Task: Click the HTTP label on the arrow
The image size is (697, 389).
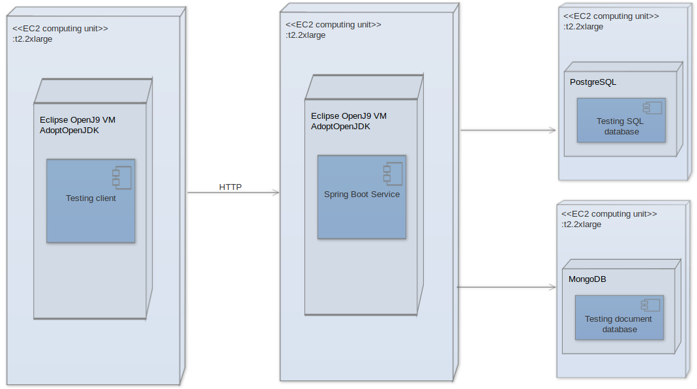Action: (x=230, y=187)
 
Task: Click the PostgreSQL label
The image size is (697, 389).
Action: (x=593, y=82)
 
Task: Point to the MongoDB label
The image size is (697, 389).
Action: (x=587, y=279)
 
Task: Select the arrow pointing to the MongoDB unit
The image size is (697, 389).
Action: (x=505, y=287)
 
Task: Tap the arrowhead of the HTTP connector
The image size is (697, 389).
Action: (x=276, y=193)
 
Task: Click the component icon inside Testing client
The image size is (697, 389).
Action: (x=121, y=176)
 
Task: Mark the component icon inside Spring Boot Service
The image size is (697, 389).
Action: (x=393, y=173)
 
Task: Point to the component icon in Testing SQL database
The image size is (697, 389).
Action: (x=652, y=108)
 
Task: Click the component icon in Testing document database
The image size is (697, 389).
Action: (x=650, y=304)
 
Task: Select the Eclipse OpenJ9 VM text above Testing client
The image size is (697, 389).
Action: (x=78, y=119)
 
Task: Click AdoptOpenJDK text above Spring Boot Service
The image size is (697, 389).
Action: (x=340, y=127)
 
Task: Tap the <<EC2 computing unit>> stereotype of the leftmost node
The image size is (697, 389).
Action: (x=60, y=29)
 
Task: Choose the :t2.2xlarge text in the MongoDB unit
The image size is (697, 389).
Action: (x=581, y=225)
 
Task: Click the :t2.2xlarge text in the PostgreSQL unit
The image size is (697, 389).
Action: (x=583, y=27)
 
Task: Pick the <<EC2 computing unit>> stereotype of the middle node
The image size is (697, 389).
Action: (x=333, y=24)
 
